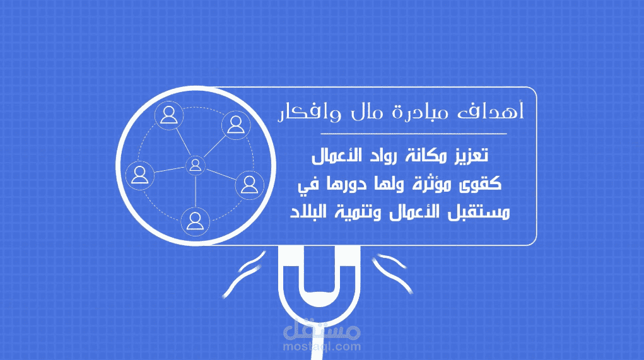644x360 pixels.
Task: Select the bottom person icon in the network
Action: tap(196, 220)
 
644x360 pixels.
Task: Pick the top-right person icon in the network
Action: tap(235, 124)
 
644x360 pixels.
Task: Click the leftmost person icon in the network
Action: tap(140, 174)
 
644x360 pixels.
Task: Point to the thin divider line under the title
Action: tap(413, 134)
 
